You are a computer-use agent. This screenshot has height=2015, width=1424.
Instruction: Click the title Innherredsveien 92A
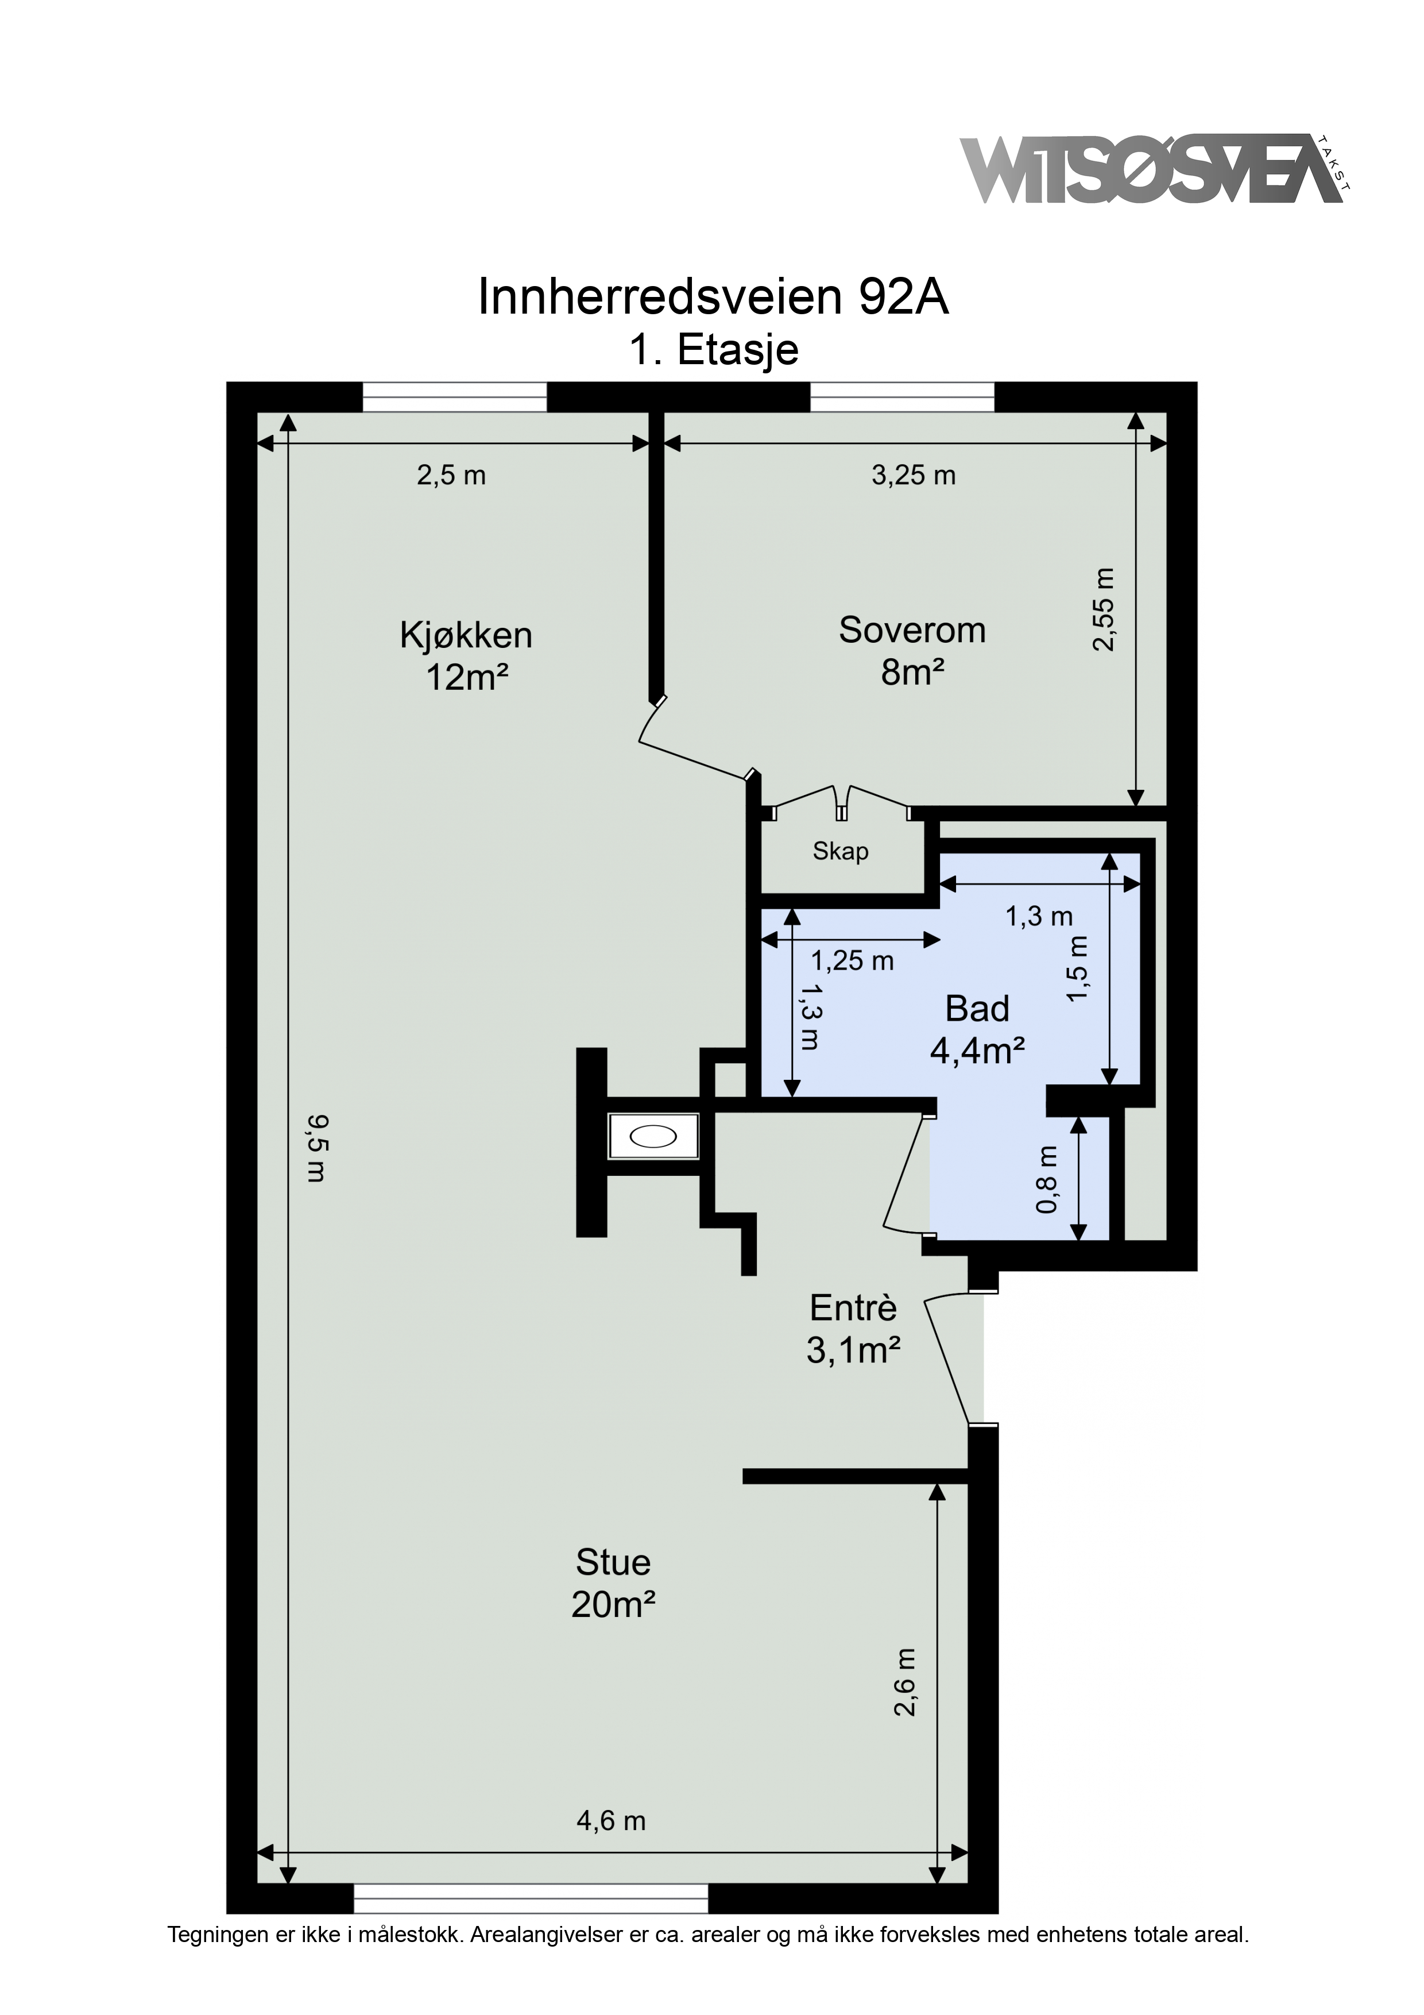[713, 298]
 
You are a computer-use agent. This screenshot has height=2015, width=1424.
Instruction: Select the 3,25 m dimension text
[914, 475]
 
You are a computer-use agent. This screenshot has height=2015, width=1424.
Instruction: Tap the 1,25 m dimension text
[852, 961]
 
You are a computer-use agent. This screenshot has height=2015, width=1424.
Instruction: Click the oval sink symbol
[653, 1137]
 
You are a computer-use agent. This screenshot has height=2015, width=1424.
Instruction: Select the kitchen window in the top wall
[455, 397]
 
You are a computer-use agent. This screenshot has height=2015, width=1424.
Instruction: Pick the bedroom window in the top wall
[902, 397]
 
